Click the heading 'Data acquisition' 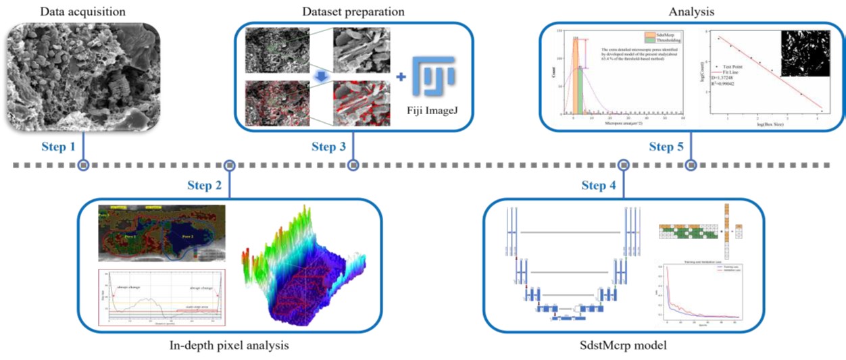click(x=83, y=11)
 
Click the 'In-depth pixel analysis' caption click(x=230, y=346)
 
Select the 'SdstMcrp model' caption click(x=622, y=346)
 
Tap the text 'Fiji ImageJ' click(x=433, y=111)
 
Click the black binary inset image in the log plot click(x=804, y=53)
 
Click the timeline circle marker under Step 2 click(x=229, y=165)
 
